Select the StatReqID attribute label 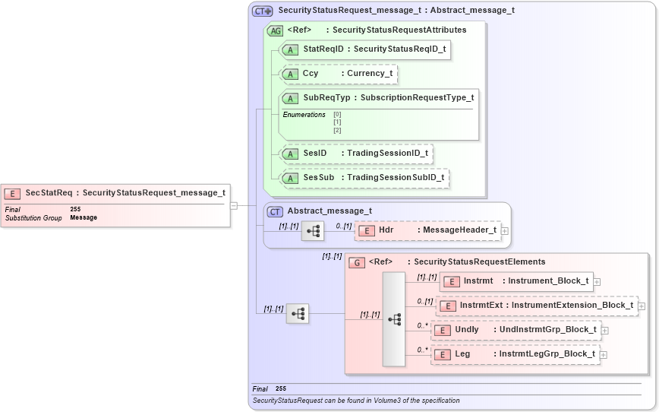318,49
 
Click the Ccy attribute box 339,74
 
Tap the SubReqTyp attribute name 326,98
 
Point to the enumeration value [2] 337,130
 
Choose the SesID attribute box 355,154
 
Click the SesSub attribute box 364,178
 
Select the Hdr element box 427,230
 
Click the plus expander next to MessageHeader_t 504,230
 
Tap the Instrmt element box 516,281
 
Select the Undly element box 516,330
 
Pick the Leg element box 515,354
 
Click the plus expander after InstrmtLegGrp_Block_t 603,354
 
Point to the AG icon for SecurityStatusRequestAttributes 275,30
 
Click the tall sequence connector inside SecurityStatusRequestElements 394,319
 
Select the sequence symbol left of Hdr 313,230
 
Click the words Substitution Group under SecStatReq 33,218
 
